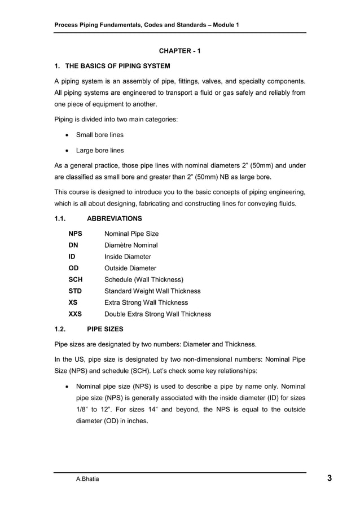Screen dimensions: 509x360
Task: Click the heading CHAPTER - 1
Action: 179,51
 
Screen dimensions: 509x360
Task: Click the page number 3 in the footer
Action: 329,479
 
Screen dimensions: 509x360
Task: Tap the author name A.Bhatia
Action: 88,480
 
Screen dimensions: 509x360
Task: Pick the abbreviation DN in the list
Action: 73,245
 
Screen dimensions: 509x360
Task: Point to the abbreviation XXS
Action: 76,314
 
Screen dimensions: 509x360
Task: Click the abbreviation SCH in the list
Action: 76,279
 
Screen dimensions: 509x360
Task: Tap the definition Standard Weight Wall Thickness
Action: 153,291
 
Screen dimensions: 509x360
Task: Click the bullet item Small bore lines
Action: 100,135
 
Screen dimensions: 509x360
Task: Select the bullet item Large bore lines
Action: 100,151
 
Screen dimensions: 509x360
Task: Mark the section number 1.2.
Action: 60,330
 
